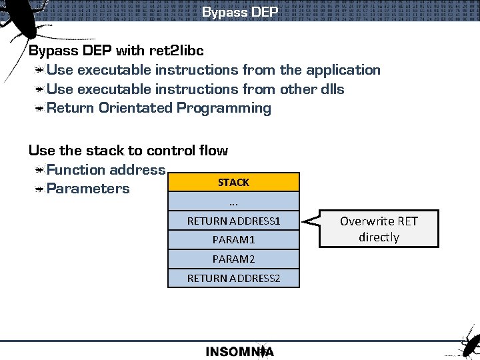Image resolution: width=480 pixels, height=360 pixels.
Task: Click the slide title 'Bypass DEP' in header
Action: tap(239, 12)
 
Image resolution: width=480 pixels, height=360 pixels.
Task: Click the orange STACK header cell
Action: tap(233, 182)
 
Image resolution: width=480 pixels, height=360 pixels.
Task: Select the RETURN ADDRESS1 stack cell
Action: tap(233, 220)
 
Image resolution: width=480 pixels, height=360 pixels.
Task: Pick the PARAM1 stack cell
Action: tap(233, 239)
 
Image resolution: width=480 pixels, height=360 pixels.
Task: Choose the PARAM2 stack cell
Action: tap(233, 259)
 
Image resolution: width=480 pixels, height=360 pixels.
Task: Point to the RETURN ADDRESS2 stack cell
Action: tap(233, 277)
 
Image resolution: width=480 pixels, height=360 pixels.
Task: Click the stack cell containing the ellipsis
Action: tap(233, 201)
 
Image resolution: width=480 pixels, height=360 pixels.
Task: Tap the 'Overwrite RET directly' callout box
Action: tap(378, 229)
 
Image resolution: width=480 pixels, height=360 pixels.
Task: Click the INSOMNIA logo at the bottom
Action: tap(239, 351)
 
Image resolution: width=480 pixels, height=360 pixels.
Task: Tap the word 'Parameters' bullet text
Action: tap(88, 189)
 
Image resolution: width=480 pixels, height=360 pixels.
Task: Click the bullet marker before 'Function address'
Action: tap(41, 171)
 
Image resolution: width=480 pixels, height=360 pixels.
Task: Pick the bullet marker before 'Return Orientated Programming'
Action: tap(41, 109)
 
